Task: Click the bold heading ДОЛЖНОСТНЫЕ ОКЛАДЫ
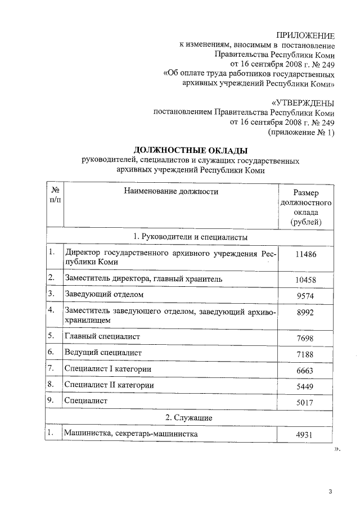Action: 190,150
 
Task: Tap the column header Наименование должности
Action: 171,192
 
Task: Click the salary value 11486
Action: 306,254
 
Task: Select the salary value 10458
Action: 306,280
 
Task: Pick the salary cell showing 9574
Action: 306,295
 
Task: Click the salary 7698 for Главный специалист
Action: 306,338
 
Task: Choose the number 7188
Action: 306,354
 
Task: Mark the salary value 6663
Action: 306,371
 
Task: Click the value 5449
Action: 306,386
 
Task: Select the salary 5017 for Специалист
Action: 306,403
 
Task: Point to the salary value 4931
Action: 306,435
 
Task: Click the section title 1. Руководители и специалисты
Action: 190,237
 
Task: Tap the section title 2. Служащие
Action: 188,418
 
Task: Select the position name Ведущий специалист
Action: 102,353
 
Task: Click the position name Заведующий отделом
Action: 104,294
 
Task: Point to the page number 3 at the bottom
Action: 331,493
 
